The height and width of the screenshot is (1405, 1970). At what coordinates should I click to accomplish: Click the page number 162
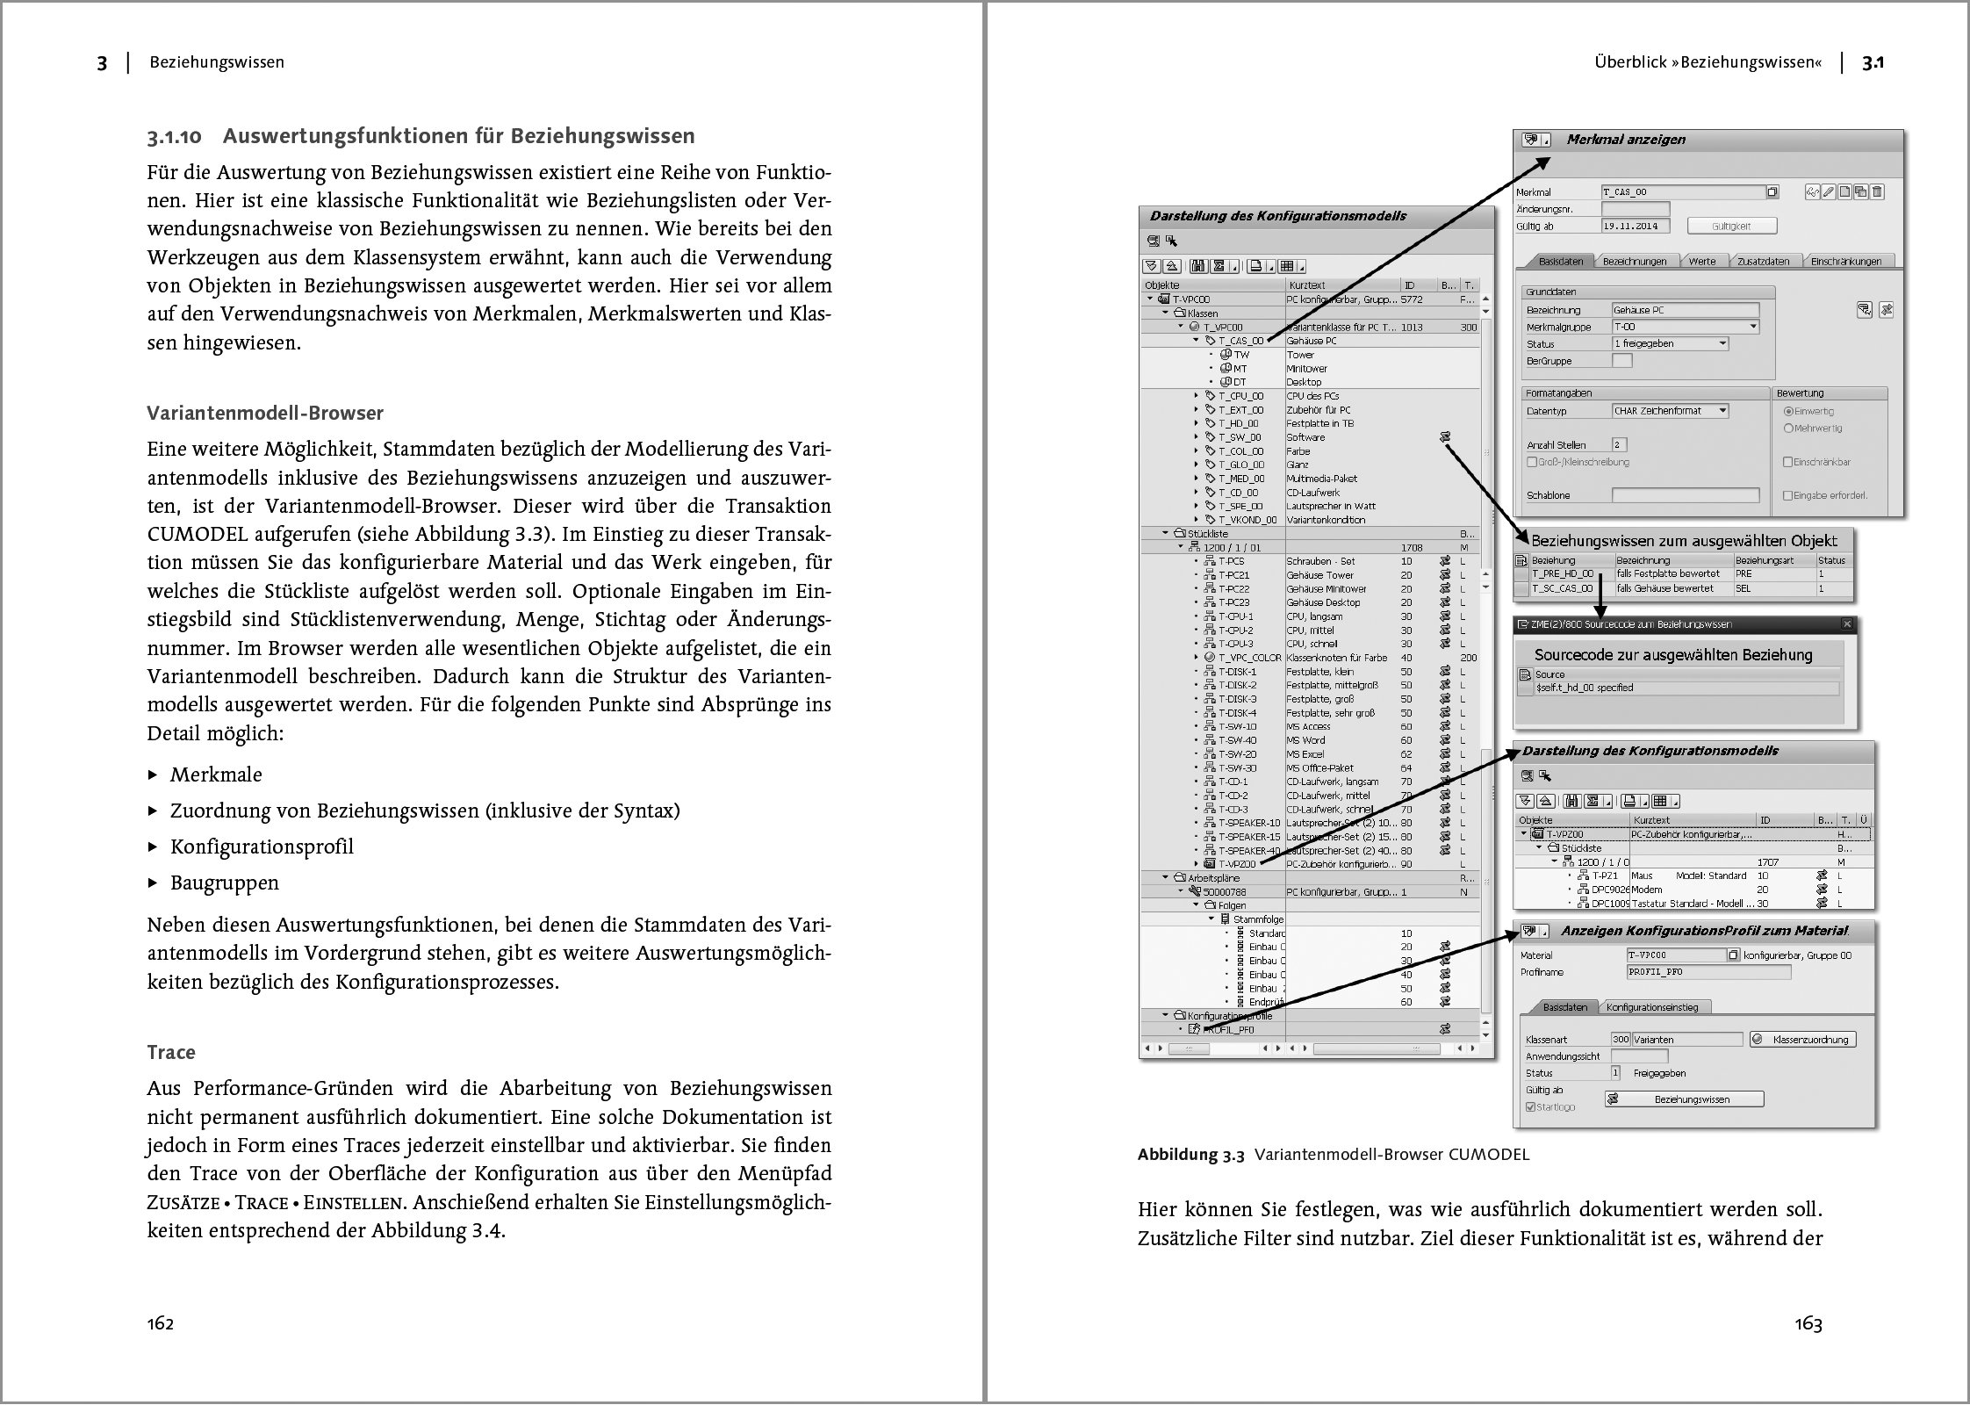[x=160, y=1323]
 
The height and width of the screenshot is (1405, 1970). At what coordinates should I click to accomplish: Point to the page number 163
[x=1808, y=1323]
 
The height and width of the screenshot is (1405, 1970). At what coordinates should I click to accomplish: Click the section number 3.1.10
[x=175, y=136]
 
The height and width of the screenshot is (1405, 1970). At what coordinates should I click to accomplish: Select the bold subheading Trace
[x=171, y=1052]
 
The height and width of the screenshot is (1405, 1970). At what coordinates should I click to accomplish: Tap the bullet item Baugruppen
[x=224, y=883]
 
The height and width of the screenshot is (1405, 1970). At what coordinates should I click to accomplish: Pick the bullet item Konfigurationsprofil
[x=262, y=847]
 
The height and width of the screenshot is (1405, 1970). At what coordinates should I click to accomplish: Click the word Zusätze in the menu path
[x=183, y=1202]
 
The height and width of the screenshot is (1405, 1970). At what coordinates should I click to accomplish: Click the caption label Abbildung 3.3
[x=1190, y=1154]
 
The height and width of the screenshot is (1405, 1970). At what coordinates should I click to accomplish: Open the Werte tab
[x=1701, y=261]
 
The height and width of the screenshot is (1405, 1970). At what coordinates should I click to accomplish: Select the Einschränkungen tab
[x=1845, y=261]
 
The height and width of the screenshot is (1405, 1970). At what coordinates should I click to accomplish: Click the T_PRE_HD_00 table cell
[x=1563, y=573]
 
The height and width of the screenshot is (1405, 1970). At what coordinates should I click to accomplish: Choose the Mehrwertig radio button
[x=1788, y=429]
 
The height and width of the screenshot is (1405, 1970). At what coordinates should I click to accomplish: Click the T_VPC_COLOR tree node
[x=1249, y=658]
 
